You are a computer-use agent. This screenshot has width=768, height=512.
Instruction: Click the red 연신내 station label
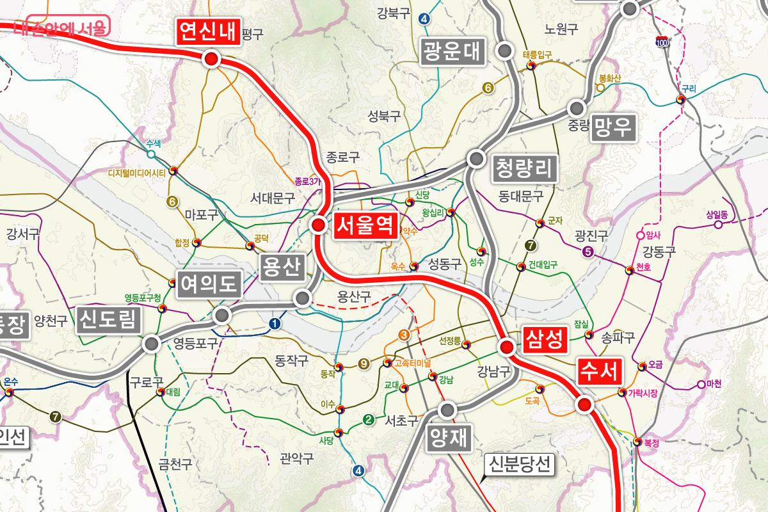click(208, 31)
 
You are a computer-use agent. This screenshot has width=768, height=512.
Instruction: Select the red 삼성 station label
click(545, 339)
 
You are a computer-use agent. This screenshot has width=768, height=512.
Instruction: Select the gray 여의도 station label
click(209, 284)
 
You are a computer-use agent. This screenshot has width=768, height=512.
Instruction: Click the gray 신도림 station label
click(109, 319)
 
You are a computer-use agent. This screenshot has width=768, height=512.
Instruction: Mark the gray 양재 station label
click(448, 438)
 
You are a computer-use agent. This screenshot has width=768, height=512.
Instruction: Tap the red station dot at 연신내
click(211, 60)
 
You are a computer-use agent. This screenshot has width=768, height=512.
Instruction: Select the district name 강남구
click(493, 370)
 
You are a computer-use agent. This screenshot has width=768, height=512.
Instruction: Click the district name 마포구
click(202, 214)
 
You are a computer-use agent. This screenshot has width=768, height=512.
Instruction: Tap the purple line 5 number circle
click(588, 252)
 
